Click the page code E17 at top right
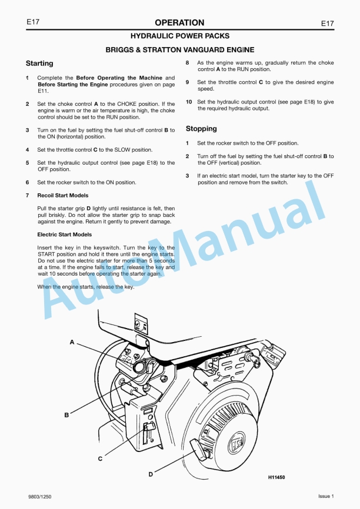click(x=327, y=23)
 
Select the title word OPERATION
click(x=179, y=23)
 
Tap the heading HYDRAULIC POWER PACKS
click(x=180, y=36)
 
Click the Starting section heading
click(x=39, y=63)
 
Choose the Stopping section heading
click(x=201, y=128)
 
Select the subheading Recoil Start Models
click(x=62, y=195)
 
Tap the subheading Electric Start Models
click(x=64, y=235)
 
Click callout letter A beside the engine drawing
click(x=72, y=341)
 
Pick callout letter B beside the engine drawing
click(x=66, y=415)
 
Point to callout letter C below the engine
click(x=99, y=457)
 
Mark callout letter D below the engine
click(x=151, y=474)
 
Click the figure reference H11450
click(x=272, y=477)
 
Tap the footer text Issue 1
click(x=326, y=497)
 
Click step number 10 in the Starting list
click(x=189, y=102)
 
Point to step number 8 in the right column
click(x=188, y=63)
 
